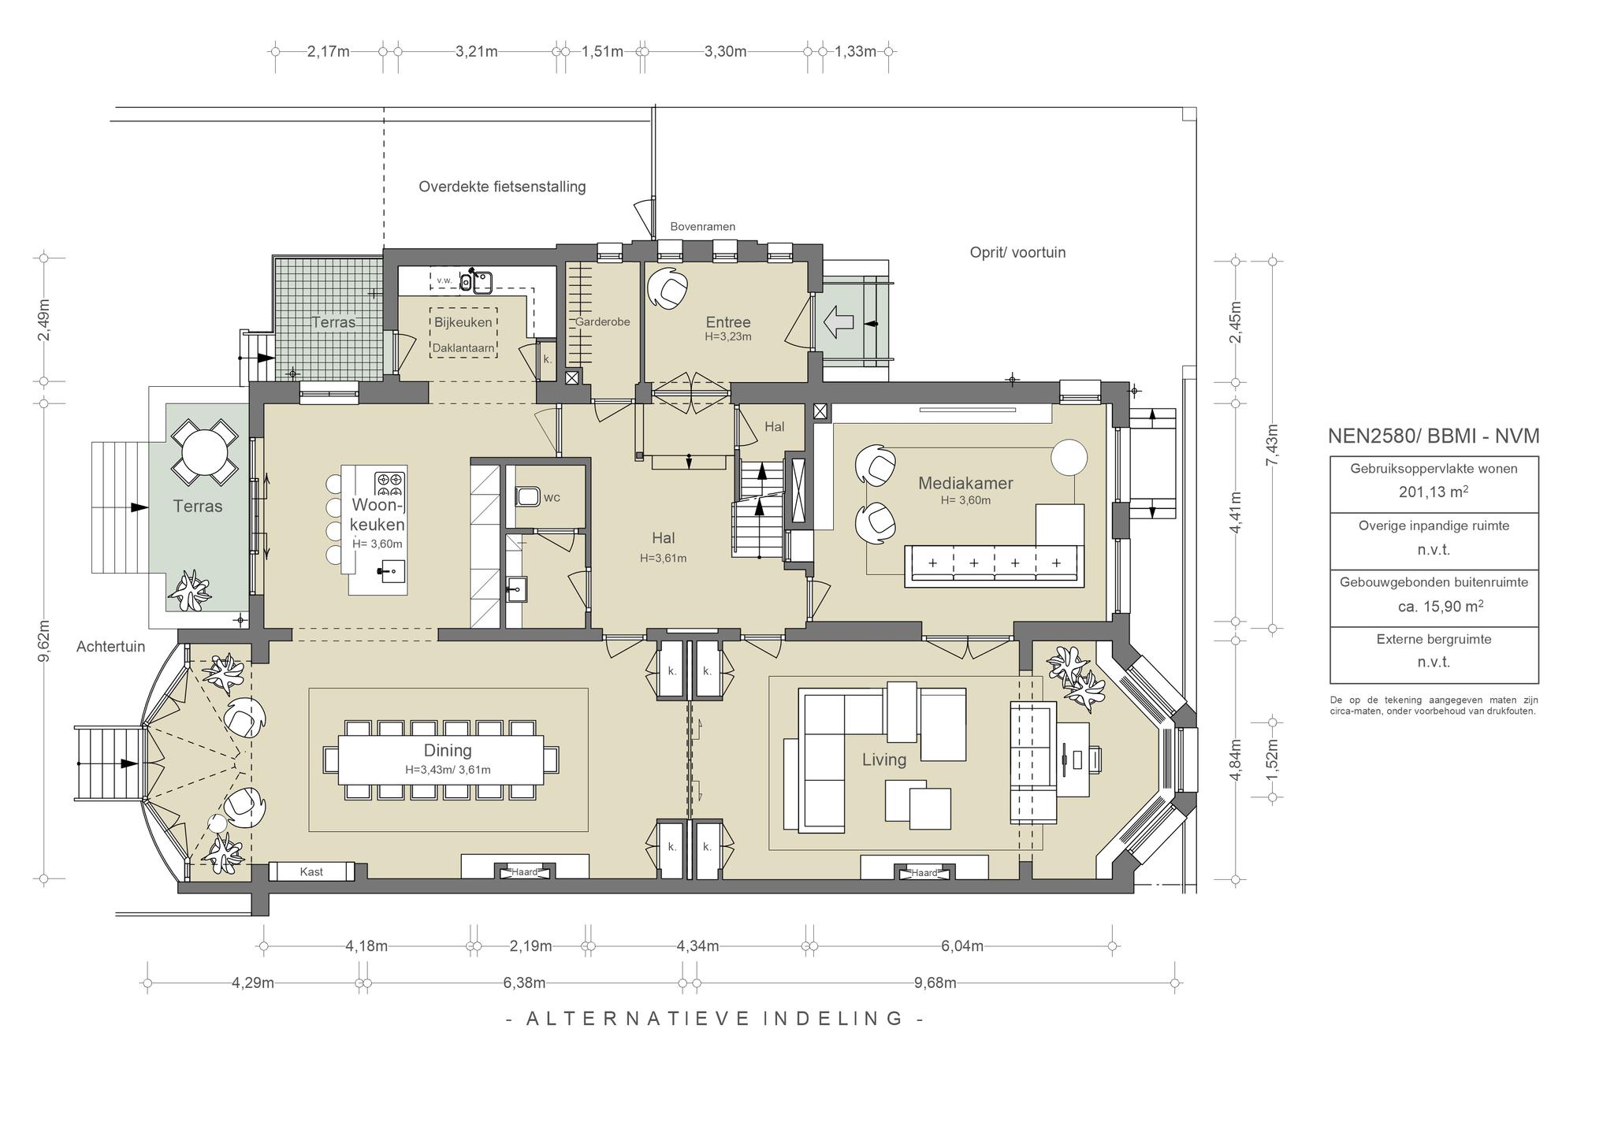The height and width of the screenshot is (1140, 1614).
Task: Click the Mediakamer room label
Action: coord(965,483)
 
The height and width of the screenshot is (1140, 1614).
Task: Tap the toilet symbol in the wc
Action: coord(527,496)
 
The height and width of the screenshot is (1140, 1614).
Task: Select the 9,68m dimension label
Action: coord(935,982)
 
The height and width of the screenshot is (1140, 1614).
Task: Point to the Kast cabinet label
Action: coord(311,871)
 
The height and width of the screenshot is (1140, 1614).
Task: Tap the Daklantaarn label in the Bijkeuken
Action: coord(463,347)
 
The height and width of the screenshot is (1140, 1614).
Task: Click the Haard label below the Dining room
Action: coord(524,872)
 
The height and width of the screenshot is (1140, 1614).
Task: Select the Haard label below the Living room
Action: coord(924,872)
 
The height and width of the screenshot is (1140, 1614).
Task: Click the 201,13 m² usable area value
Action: coord(1434,492)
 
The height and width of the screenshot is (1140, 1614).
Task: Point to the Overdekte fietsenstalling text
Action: coord(502,187)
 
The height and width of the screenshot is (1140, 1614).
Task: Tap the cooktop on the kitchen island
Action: coord(389,482)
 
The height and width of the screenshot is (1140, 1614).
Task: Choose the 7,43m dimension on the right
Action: coord(1272,445)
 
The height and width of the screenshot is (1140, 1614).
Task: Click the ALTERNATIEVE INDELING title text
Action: coord(714,1018)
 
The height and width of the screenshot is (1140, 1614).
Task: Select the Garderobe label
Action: coord(602,321)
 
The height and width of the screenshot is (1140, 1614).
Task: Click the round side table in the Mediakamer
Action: coord(1069,457)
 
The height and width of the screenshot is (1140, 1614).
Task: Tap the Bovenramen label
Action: coord(703,227)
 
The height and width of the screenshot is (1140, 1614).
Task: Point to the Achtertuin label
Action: coord(111,647)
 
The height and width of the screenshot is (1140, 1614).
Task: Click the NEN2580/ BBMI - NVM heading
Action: coord(1434,436)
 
